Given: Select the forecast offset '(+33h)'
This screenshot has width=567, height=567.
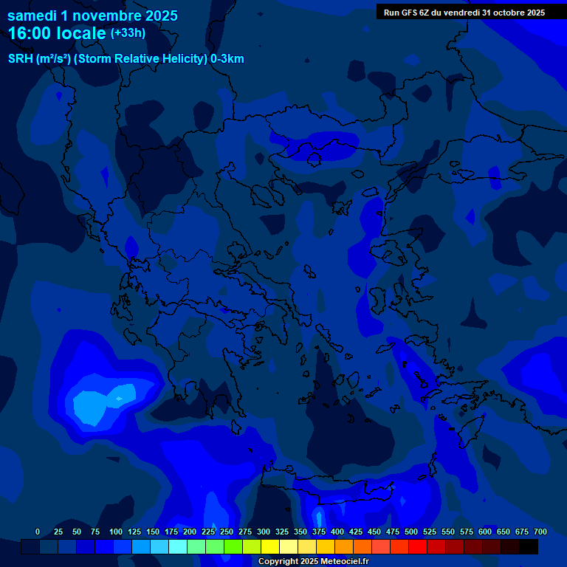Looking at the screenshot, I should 128,33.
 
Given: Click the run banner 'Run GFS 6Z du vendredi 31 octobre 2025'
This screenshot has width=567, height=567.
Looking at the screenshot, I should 464,13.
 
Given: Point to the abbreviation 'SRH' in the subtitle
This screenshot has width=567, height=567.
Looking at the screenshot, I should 20,59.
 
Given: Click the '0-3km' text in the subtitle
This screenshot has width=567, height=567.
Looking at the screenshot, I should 227,59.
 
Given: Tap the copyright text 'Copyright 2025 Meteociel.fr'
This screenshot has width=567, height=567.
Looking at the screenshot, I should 313,562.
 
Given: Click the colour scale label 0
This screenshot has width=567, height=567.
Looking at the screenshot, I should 38,532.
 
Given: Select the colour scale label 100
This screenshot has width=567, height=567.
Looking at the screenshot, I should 116,532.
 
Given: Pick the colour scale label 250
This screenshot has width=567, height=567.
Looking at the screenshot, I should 227,532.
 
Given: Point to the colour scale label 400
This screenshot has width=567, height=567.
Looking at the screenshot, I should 337,532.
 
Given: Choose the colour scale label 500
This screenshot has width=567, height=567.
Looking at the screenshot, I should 411,532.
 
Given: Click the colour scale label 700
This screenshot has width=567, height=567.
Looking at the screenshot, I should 540,532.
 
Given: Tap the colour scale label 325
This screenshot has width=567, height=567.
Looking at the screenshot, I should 282,532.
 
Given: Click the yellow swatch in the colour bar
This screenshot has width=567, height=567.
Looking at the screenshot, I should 270,547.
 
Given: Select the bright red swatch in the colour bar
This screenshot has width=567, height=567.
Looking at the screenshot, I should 418,547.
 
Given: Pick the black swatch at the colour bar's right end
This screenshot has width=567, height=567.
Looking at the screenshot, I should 529,547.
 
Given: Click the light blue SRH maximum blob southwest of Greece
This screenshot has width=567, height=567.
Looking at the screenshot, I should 92,405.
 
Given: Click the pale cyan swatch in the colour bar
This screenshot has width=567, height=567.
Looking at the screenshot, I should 178,547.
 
